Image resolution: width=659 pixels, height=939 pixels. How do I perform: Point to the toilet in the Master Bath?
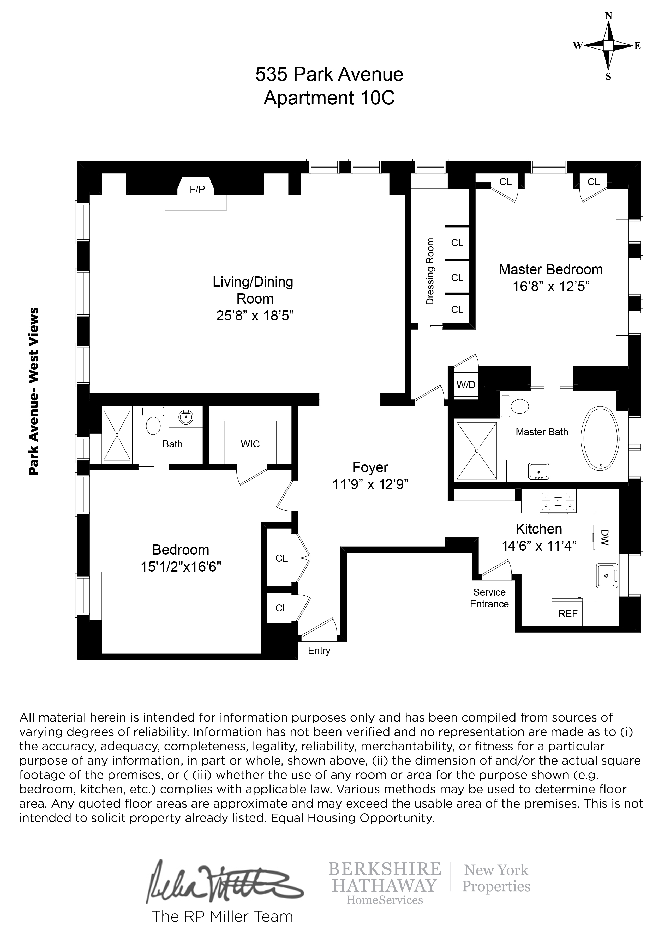pos(519,406)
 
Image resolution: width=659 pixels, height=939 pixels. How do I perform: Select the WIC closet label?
pos(250,444)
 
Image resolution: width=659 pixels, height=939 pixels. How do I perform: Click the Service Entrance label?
pos(489,598)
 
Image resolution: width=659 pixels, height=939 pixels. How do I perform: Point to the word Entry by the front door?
pos(319,650)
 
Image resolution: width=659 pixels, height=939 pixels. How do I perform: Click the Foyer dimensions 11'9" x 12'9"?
pos(370,485)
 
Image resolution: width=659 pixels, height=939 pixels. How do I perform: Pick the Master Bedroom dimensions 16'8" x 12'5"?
pos(550,287)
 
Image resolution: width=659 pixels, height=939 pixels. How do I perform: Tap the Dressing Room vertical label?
pos(430,271)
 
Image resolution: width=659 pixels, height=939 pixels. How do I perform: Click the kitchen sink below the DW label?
pos(607,575)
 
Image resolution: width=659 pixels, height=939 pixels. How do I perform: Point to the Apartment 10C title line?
pos(329,98)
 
